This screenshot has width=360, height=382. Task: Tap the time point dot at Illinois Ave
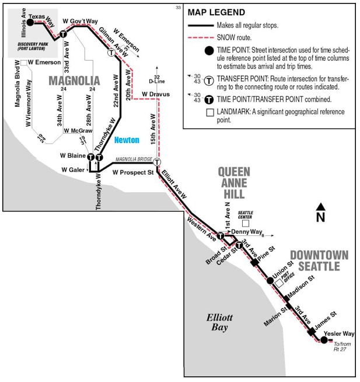click(30, 22)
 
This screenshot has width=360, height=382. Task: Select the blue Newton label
click(127, 140)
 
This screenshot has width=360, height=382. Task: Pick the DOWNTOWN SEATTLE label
click(319, 261)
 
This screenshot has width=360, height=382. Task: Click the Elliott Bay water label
click(219, 322)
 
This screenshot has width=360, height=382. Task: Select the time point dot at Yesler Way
click(324, 340)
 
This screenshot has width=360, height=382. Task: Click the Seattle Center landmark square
click(246, 223)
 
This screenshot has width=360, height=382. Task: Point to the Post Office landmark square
click(279, 282)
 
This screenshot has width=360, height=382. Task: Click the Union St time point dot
click(270, 280)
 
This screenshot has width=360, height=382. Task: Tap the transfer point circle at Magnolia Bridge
click(157, 162)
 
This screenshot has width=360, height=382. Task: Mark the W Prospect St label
click(132, 172)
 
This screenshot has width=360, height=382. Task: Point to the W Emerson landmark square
click(23, 62)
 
